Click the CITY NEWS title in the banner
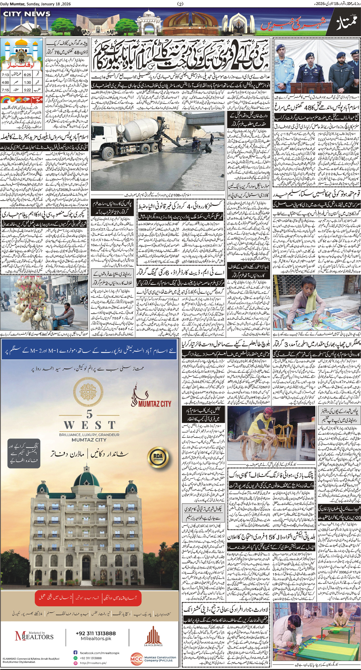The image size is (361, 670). (x=27, y=14)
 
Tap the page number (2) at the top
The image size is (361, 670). (x=180, y=4)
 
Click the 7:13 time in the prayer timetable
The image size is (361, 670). (x=5, y=75)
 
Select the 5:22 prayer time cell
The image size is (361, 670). (x=27, y=90)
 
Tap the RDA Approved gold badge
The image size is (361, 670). (x=158, y=457)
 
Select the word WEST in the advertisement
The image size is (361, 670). (x=89, y=425)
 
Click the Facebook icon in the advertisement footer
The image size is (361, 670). (x=75, y=653)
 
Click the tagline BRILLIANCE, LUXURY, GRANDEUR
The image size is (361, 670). (x=89, y=435)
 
